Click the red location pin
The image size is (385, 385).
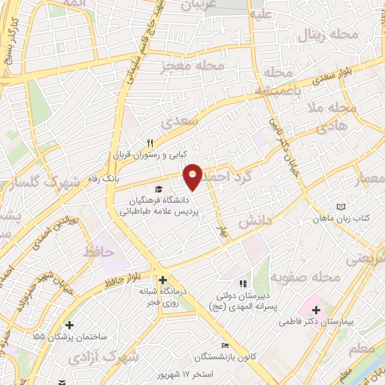(x=193, y=176)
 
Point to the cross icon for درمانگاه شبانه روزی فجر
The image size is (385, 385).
(x=162, y=280)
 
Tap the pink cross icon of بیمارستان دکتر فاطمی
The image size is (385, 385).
(x=317, y=309)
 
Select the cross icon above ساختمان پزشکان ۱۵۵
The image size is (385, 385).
(x=69, y=326)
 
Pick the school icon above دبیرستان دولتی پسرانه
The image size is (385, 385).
(x=242, y=283)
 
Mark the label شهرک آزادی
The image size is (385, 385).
(x=114, y=354)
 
